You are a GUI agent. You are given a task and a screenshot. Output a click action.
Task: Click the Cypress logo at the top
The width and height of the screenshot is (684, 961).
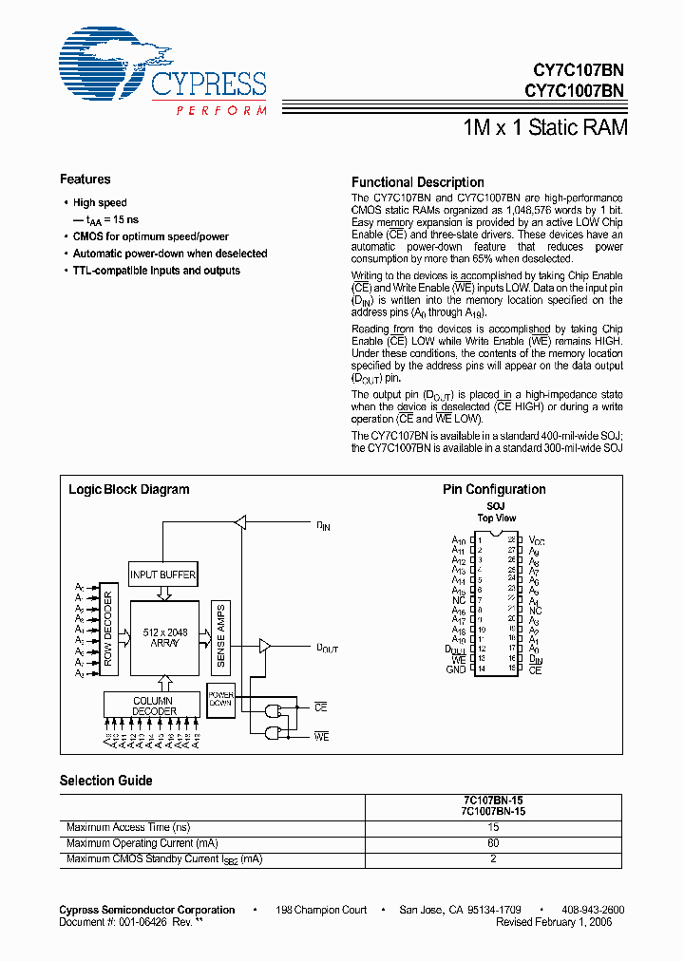(x=162, y=74)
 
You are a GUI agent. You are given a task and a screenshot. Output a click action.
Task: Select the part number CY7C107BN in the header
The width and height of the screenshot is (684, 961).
(x=575, y=69)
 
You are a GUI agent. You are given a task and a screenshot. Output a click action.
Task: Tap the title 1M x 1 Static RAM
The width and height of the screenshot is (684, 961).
(x=544, y=126)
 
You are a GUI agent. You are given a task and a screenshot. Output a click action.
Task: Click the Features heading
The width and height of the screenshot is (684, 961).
(x=85, y=179)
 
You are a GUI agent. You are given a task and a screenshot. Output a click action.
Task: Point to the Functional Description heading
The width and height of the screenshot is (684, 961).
(x=418, y=182)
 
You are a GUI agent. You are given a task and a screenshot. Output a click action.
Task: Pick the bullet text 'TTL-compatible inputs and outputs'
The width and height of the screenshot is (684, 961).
(x=157, y=271)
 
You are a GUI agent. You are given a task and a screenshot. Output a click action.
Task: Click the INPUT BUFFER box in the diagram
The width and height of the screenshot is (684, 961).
(x=163, y=575)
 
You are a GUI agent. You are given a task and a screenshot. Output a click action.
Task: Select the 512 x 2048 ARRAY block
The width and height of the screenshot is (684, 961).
(x=163, y=637)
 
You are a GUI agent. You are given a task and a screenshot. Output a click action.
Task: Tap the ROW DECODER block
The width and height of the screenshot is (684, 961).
(x=108, y=633)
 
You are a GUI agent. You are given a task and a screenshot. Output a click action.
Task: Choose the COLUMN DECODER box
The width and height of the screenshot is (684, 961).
(x=154, y=705)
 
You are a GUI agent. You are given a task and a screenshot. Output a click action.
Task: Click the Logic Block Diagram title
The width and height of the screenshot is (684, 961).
(x=129, y=490)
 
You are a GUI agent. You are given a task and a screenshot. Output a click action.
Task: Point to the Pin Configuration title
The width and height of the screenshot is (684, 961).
(x=494, y=490)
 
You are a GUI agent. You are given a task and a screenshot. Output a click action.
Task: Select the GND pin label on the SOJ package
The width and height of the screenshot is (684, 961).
(x=456, y=669)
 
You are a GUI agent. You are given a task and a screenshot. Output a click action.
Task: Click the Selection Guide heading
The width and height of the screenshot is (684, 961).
(x=106, y=781)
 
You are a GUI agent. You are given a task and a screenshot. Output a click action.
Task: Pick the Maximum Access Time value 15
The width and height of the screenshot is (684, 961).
(x=493, y=828)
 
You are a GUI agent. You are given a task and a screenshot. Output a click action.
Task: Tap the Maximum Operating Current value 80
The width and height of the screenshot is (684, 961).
(x=493, y=843)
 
